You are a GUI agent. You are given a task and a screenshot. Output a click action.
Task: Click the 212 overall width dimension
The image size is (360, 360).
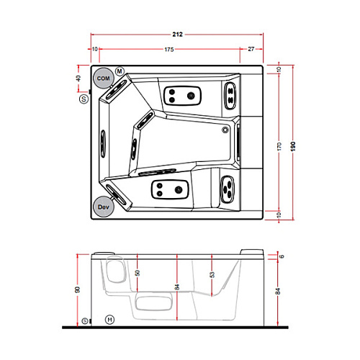pos(177,35)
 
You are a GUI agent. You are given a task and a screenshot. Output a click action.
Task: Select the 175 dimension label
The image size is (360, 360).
pos(169,50)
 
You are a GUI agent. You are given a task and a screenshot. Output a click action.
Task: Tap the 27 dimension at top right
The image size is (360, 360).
pos(251,49)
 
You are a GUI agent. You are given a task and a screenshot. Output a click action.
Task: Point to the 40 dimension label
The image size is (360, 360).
pos(78,78)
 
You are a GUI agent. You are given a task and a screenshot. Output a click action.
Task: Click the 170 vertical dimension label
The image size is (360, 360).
pos(279,146)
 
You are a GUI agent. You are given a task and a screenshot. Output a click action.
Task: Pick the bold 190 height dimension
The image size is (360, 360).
pos(293,146)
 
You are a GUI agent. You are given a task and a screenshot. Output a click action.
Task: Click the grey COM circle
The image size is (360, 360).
pos(103,78)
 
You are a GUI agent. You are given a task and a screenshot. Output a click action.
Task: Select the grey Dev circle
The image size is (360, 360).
pos(103,207)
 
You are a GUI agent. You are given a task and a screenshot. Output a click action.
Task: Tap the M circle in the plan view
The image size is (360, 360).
pos(120,71)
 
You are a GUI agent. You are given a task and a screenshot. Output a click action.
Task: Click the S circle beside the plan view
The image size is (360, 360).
pos(84,99)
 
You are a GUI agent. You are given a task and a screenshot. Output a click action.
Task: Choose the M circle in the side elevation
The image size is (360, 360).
pos(109,320)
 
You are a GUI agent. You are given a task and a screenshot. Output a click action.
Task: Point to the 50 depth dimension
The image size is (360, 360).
pos(138,273)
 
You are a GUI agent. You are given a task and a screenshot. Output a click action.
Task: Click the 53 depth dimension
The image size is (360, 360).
pos(212,274)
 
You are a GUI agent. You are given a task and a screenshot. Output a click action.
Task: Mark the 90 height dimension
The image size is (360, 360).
pos(78,289)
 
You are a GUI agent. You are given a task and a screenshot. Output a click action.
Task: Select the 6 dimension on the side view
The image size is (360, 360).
pos(282,256)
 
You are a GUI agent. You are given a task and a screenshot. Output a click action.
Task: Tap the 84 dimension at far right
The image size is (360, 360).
pos(278,291)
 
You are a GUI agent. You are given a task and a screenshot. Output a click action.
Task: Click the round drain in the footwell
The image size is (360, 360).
pos(225,130)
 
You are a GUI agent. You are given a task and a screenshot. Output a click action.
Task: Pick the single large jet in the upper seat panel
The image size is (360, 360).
pos(191,96)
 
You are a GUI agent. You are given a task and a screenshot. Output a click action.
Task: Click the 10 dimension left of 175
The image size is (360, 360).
pos(95,49)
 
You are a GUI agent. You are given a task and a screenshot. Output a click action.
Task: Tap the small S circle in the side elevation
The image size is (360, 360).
pos(85,320)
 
